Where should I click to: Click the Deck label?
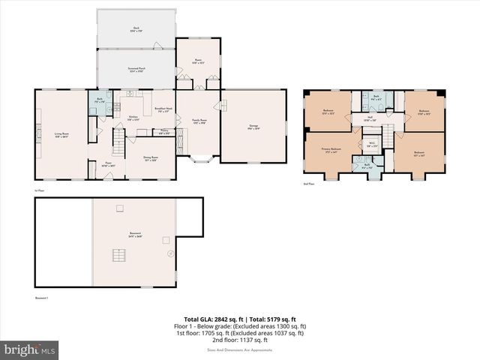136,29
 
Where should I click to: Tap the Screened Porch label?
136,68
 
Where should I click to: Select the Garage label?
253,127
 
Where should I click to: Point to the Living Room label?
61,136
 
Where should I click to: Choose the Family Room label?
199,121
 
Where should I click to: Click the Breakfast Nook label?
165,109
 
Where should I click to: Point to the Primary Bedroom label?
331,151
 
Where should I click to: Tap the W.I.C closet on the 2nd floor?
370,145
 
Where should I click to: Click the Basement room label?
134,235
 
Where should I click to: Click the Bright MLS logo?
29,349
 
